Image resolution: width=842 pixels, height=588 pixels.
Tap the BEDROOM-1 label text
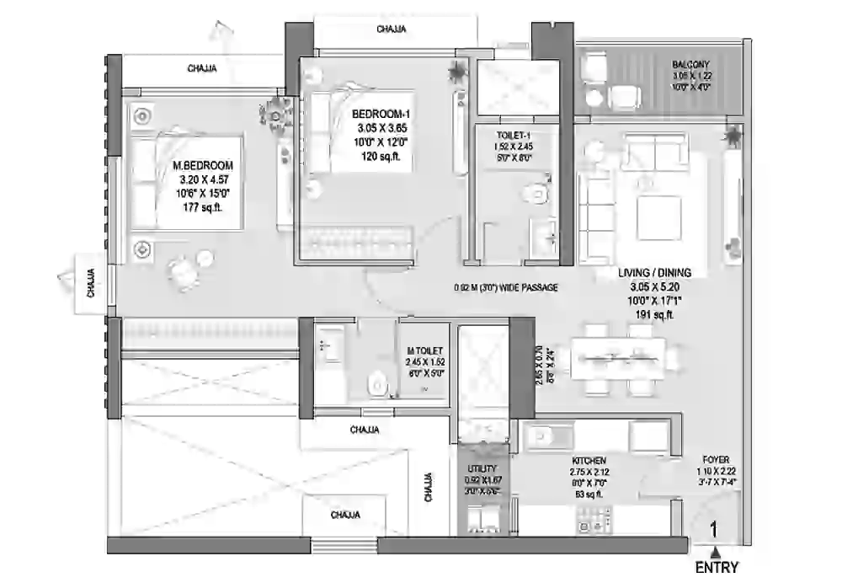(381, 115)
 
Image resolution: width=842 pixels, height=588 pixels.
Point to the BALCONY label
(690, 65)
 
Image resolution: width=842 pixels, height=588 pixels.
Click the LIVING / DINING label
(654, 273)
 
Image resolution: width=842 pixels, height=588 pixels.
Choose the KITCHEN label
(589, 461)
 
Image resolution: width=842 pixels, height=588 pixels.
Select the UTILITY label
(482, 468)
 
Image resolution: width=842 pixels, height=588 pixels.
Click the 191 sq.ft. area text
(654, 314)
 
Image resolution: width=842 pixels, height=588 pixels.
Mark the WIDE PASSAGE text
(505, 288)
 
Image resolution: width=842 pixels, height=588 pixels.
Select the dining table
(620, 359)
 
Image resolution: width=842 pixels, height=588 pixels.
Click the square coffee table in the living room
(658, 217)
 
